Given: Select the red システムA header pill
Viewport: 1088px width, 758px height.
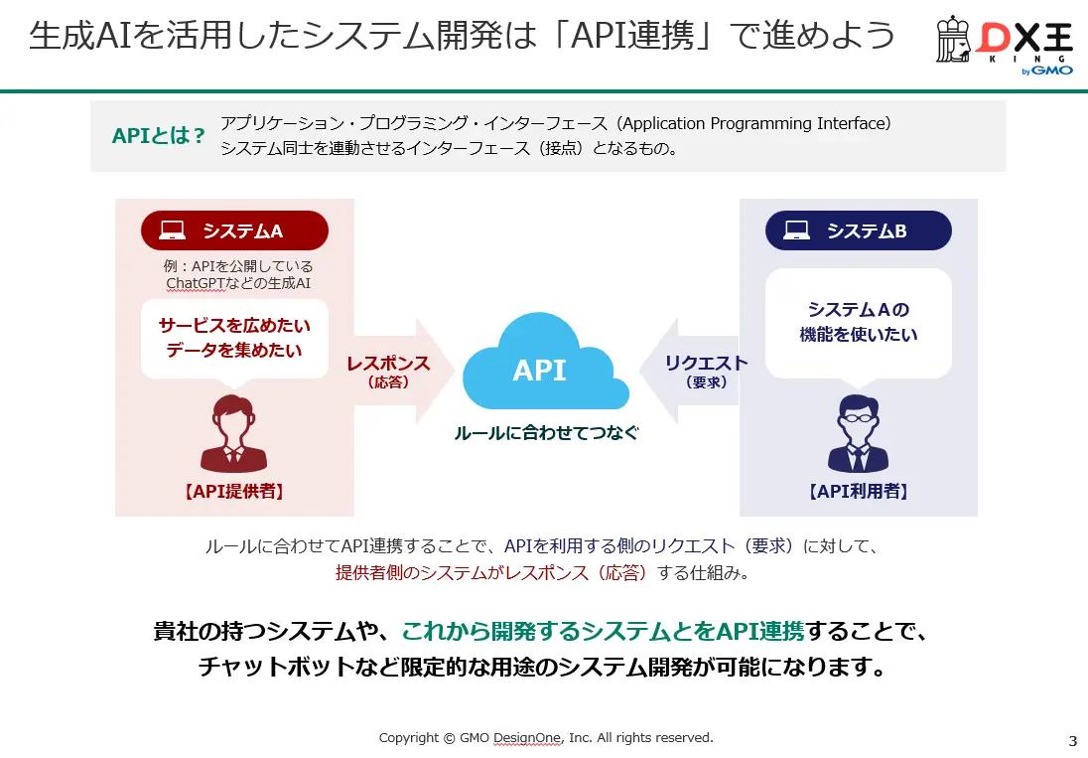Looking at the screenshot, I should click(234, 230).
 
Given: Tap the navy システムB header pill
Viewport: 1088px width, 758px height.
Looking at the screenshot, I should click(858, 230).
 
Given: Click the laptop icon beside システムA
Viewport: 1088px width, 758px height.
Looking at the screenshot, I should click(173, 230).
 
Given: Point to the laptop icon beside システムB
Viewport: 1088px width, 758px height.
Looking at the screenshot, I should click(796, 230).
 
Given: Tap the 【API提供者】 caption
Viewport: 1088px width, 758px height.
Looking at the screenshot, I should click(234, 491).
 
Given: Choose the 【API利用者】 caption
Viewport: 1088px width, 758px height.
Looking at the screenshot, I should click(858, 491).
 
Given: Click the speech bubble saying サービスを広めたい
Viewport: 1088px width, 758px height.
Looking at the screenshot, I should click(234, 338).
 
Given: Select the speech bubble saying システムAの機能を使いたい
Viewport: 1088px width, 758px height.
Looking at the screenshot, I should click(858, 324).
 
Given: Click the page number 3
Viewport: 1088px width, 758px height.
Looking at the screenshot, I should click(1072, 741).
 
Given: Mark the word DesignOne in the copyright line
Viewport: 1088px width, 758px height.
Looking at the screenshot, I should click(527, 738).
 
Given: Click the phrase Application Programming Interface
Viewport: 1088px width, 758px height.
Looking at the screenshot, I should click(755, 124).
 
